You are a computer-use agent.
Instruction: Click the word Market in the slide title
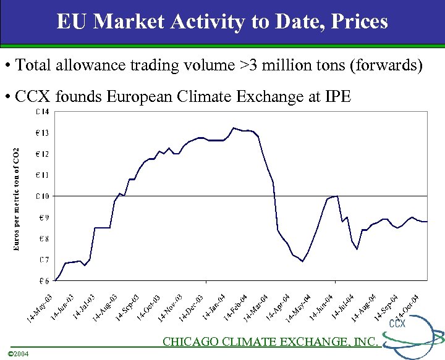click(129, 23)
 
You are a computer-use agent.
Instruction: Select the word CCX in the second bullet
click(33, 97)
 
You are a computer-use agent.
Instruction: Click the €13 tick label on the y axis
click(43, 133)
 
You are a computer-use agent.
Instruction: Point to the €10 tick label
click(43, 196)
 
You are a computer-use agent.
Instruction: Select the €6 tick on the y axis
click(43, 280)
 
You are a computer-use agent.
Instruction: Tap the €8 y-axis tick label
click(43, 238)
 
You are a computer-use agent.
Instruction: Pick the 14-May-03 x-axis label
click(40, 308)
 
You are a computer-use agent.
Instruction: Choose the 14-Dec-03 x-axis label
click(191, 308)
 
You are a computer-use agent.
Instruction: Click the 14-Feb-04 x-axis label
click(234, 308)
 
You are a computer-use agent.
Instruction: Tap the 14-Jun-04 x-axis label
click(321, 308)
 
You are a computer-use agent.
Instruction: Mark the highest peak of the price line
click(233, 128)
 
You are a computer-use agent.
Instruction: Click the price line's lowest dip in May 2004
click(302, 261)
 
